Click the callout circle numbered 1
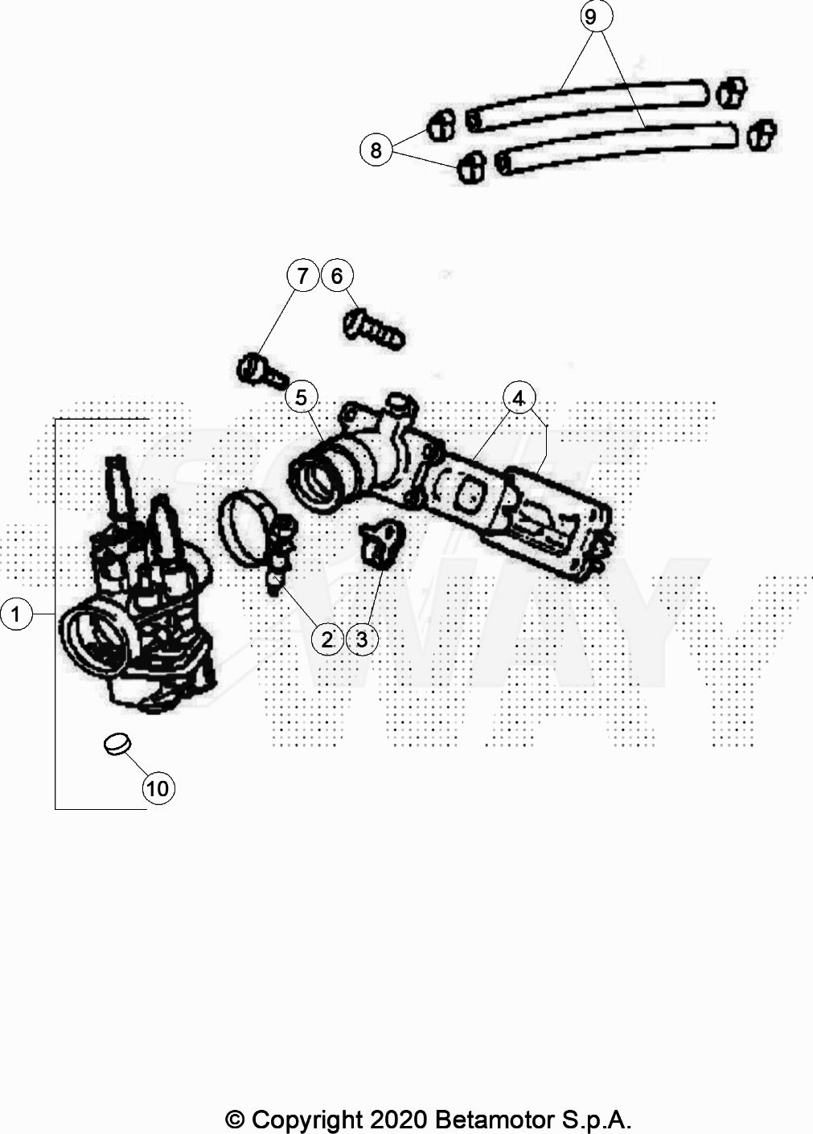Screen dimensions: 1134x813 [x=16, y=615]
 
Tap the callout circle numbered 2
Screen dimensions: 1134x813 [x=327, y=639]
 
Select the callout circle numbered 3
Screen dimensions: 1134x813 [x=362, y=639]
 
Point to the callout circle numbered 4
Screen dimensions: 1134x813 [x=519, y=398]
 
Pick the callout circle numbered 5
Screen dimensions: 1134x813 [x=302, y=396]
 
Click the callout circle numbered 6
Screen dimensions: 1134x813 [x=337, y=276]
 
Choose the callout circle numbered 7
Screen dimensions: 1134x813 [x=302, y=276]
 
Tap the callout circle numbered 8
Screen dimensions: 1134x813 [x=376, y=150]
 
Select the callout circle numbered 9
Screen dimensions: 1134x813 [x=593, y=17]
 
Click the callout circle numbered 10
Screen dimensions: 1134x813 [x=158, y=788]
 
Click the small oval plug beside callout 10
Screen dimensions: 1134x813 [x=117, y=744]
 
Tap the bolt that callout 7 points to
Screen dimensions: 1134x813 [x=261, y=371]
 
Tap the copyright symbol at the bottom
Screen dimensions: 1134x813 [x=235, y=1119]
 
